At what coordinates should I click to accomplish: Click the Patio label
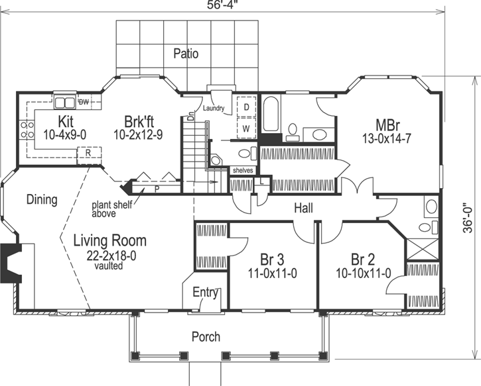coord(186,54)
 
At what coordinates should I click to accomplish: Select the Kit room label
coord(65,122)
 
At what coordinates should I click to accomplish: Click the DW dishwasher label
coord(84,102)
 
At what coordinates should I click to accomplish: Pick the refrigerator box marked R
coord(88,152)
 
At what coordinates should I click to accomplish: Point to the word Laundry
coord(214,108)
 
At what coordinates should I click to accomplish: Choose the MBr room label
coord(387,124)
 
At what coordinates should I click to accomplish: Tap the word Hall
coord(305,208)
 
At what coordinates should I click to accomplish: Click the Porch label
coord(206,336)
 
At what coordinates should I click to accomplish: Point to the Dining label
coord(42,199)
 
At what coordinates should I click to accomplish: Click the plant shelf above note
coord(114,209)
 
